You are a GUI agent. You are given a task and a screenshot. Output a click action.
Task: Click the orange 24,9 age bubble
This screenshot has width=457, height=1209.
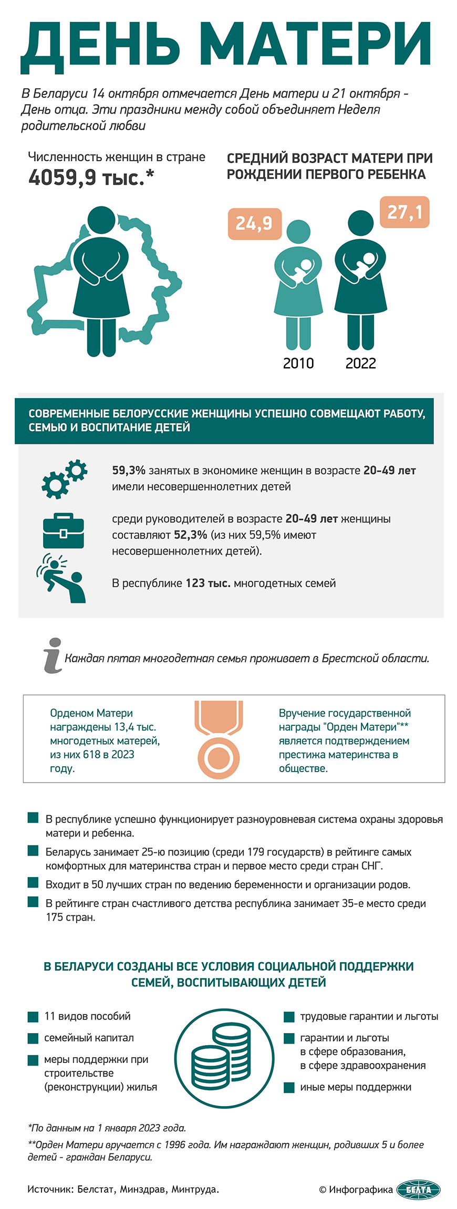coord(254,223)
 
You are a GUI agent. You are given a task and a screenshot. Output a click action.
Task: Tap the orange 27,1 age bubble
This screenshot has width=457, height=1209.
coord(404,212)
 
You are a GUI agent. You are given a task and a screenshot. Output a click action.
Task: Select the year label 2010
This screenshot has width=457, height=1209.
coord(298,363)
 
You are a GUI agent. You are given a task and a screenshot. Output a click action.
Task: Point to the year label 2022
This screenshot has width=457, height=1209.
coord(360,363)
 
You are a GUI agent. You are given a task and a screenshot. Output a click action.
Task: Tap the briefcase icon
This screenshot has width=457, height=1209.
coord(64,530)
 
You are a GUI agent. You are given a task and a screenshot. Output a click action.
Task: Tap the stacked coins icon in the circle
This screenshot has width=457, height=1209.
coord(224,1058)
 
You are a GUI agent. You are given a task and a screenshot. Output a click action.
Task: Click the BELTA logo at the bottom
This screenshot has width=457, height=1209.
coord(418,1190)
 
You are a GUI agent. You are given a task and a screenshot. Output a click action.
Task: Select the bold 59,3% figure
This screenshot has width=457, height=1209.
coord(129,471)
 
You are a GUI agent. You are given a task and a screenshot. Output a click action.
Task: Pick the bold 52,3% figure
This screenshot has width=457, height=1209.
coord(190,535)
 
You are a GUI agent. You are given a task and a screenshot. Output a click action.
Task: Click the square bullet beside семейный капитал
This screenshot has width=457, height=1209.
coord(33,1038)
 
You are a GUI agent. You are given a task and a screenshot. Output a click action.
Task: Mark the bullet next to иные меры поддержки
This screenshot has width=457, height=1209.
coord(289,1087)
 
